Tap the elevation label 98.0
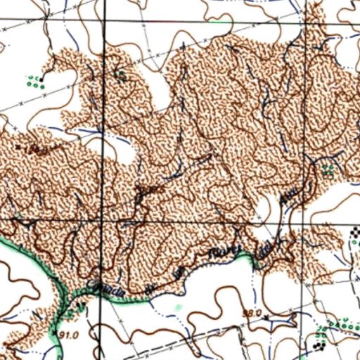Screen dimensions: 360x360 coord(252,312)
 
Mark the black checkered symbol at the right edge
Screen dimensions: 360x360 coord(354,234)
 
